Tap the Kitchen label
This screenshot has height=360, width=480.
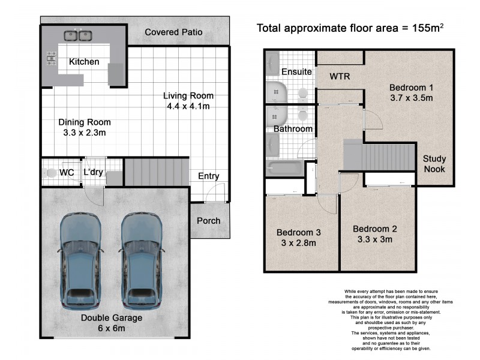coord(84,62)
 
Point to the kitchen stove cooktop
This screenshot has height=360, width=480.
coord(50,58)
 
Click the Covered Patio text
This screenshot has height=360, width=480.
coord(173,32)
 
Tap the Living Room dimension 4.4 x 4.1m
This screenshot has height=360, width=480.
coord(189,107)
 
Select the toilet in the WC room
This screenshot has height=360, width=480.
coord(50,173)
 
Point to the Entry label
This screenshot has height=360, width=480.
coord(208,176)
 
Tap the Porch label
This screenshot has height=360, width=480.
coord(209,220)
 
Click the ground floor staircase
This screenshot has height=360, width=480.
coord(157,173)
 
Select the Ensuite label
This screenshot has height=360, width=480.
coord(297,71)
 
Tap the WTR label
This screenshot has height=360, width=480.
coord(340,76)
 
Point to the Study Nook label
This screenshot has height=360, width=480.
coord(434,164)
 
